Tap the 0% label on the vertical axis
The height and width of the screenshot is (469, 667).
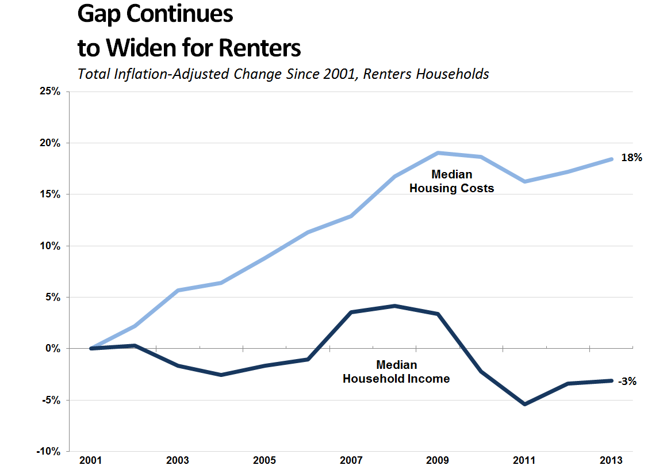coord(53,349)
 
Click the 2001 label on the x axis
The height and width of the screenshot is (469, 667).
coord(91,461)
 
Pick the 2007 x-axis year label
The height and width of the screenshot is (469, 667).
coord(351,461)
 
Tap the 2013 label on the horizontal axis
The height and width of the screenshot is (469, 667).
coord(611,461)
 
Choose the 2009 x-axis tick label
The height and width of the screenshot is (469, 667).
coord(438,461)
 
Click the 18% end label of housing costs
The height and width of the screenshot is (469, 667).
coord(631,158)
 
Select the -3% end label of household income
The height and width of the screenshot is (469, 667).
coord(627,380)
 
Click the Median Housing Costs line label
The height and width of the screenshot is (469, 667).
coord(451,181)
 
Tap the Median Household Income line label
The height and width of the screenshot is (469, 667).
coord(396,372)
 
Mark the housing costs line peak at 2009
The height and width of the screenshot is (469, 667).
coord(438,153)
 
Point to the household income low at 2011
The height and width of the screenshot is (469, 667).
coord(525,404)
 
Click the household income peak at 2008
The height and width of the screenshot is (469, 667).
coord(395,306)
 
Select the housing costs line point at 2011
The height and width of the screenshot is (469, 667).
coord(525,181)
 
